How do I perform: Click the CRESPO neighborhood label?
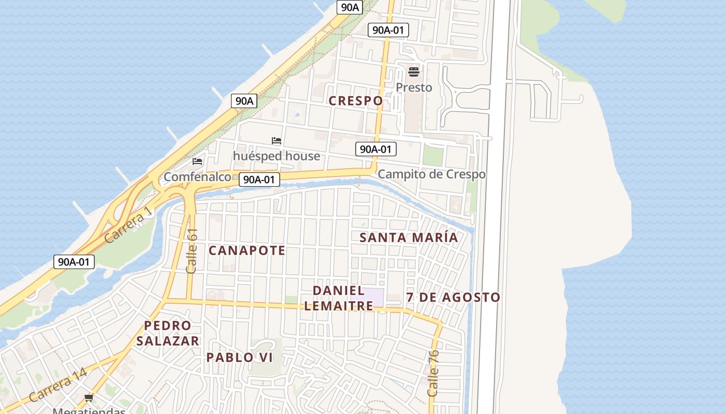click(x=356, y=101)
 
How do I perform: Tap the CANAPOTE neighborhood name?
click(x=247, y=250)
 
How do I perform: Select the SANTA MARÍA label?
click(x=409, y=238)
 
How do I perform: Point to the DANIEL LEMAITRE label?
click(x=339, y=298)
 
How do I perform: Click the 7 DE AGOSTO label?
click(x=453, y=298)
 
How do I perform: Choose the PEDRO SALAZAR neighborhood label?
click(x=168, y=333)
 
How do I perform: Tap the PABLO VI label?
click(x=239, y=358)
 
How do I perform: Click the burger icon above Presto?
click(x=413, y=71)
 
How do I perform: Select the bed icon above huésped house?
click(x=277, y=141)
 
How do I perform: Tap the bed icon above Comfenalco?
click(x=197, y=161)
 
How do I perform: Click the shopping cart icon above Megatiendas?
click(x=89, y=397)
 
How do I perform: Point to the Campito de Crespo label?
click(x=431, y=174)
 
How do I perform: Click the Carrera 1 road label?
click(x=128, y=225)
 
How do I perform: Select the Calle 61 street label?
click(x=192, y=251)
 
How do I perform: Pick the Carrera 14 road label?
click(x=57, y=386)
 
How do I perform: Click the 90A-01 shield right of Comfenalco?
click(x=259, y=180)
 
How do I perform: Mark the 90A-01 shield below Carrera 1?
click(x=74, y=262)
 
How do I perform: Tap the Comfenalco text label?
click(x=197, y=177)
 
